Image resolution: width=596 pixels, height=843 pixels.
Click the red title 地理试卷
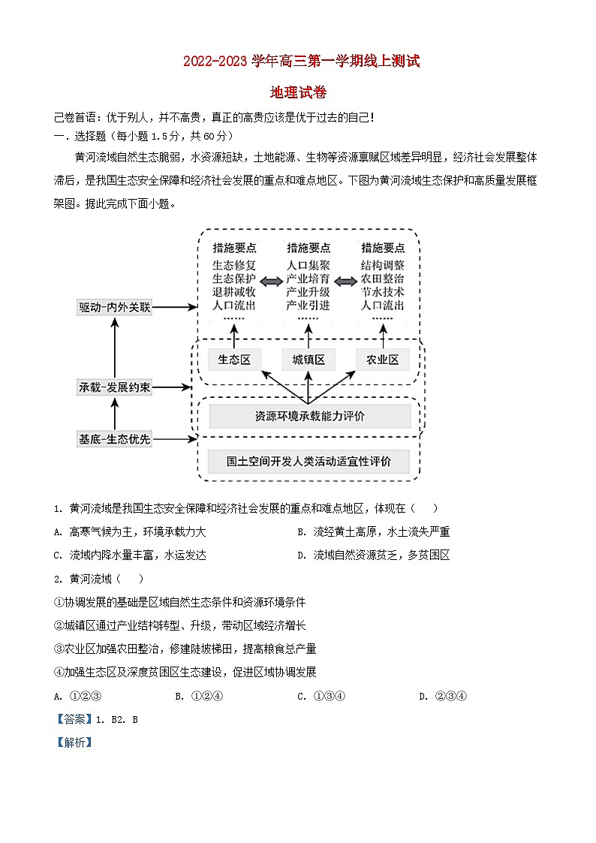(298, 93)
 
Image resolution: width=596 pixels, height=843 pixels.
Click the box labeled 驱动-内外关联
(115, 308)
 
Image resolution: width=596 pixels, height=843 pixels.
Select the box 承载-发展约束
(115, 387)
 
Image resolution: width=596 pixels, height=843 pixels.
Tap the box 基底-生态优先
(115, 439)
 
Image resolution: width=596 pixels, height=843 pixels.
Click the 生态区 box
(234, 360)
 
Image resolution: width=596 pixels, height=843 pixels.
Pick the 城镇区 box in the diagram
(309, 360)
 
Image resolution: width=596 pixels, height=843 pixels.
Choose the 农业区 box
(383, 360)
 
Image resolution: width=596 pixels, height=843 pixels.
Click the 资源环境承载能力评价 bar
(309, 416)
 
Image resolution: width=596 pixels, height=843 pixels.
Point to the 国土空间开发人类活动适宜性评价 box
(309, 462)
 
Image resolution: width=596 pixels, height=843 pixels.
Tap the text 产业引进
(309, 306)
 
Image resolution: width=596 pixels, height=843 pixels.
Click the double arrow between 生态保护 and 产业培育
(271, 281)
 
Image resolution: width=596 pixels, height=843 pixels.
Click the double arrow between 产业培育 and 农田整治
(345, 281)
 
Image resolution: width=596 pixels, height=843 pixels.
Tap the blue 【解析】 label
(74, 742)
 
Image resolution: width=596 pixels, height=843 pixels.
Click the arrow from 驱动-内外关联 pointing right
(174, 308)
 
